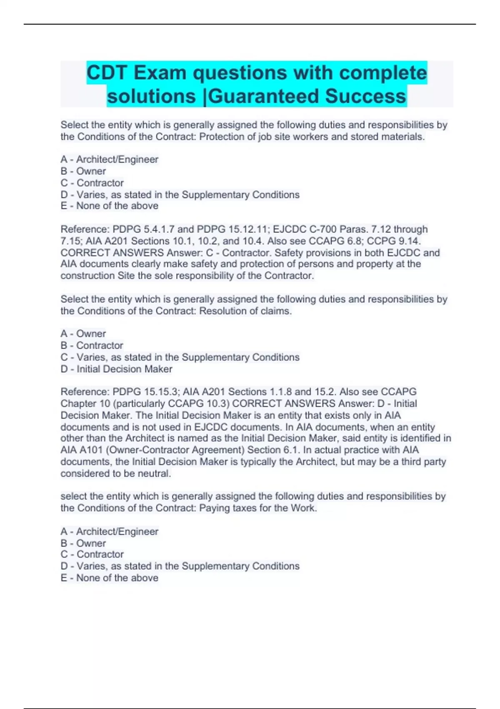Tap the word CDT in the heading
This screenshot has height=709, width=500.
point(107,73)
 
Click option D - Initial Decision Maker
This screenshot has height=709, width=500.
point(116,369)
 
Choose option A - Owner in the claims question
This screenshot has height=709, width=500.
point(83,334)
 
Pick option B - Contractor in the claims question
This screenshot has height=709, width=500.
point(92,345)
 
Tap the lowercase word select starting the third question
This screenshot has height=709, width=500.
point(74,496)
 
